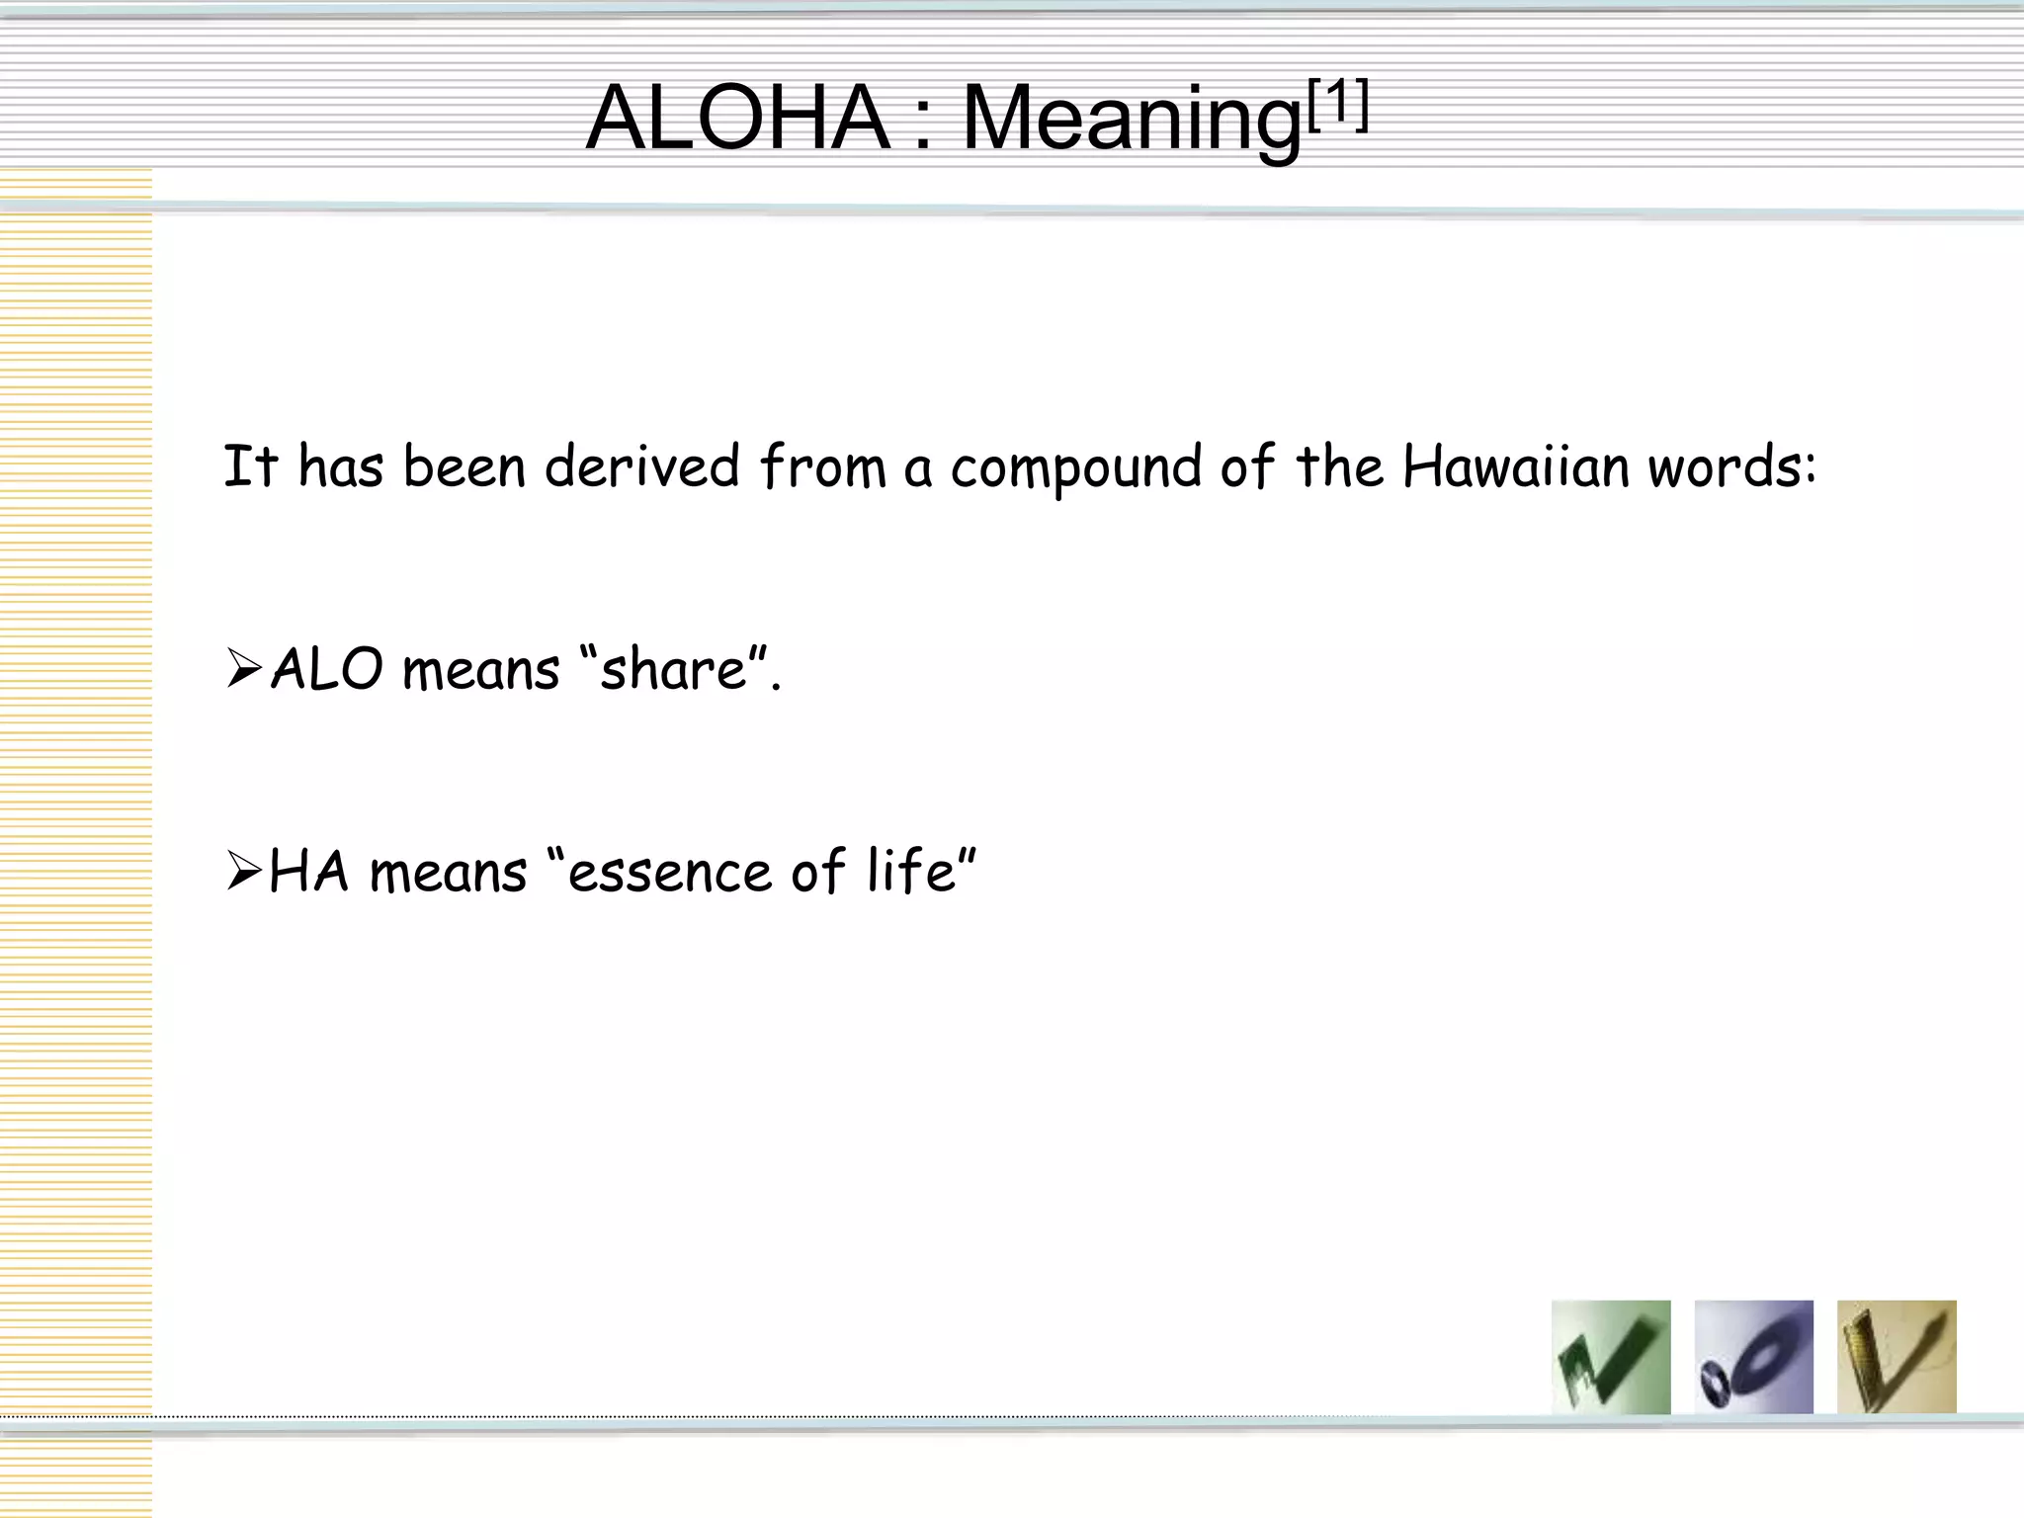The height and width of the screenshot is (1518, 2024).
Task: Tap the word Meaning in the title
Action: (1131, 121)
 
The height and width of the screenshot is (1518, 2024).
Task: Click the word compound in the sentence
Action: (1075, 468)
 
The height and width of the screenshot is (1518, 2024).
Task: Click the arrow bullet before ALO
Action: (243, 669)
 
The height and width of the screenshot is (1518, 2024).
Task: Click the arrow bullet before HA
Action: (243, 872)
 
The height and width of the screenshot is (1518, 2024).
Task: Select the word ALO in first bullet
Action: (326, 669)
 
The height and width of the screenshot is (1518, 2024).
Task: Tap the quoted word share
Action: (673, 669)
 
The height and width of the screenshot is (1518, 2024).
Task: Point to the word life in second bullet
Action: (908, 872)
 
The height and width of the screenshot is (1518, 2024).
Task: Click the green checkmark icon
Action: (1611, 1356)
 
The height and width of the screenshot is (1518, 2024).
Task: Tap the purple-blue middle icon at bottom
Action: (1753, 1356)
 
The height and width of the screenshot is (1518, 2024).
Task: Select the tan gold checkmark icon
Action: (1896, 1356)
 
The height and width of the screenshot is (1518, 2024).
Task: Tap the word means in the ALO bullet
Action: (481, 671)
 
